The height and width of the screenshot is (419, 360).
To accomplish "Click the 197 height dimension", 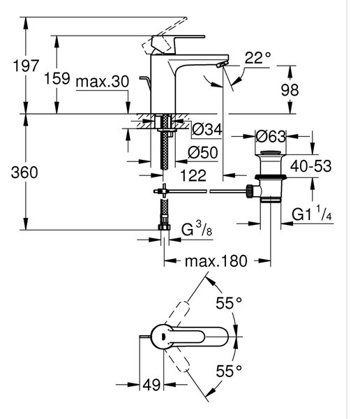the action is tap(26, 66).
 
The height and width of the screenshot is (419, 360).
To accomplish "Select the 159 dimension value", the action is tap(57, 78).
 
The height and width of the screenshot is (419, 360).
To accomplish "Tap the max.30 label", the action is tap(103, 82).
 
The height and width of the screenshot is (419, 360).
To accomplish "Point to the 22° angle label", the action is tap(257, 57).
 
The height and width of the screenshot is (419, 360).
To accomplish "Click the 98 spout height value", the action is tap(290, 90).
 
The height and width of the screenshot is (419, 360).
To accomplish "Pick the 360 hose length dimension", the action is tap(24, 172).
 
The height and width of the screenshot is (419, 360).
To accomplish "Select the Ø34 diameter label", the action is tap(207, 129).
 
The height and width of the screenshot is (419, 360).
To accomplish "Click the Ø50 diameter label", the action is tap(203, 152).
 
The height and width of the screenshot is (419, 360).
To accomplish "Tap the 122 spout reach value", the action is tap(193, 175).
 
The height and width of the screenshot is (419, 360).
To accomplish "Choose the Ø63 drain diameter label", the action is tap(271, 137).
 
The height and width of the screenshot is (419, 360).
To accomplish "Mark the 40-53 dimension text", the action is tap(311, 166).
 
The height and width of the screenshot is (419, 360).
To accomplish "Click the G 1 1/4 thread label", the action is tap(312, 213).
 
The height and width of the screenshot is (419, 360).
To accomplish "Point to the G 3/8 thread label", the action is tap(197, 229).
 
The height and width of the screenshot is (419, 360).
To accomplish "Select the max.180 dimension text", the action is tap(216, 261).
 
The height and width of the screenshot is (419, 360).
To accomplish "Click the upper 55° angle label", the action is tap(229, 303).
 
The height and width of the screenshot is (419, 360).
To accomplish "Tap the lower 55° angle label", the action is tap(229, 371).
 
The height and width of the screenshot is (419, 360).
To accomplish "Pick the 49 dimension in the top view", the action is tap(151, 385).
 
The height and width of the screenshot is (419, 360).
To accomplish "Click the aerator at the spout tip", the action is tap(223, 64).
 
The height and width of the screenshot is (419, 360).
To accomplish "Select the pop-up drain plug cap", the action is tap(271, 153).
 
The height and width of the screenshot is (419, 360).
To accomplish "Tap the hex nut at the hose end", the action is tap(164, 227).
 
